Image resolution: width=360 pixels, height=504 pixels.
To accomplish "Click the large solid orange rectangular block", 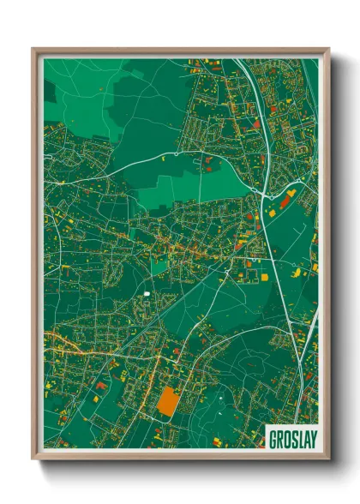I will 169,399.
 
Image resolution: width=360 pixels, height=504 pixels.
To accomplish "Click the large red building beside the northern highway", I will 255,125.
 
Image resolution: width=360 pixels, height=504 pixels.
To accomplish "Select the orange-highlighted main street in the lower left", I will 77,343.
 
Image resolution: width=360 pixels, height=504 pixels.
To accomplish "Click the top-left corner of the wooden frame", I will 33,49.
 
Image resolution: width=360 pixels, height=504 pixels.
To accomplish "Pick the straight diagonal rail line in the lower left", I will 129,343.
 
